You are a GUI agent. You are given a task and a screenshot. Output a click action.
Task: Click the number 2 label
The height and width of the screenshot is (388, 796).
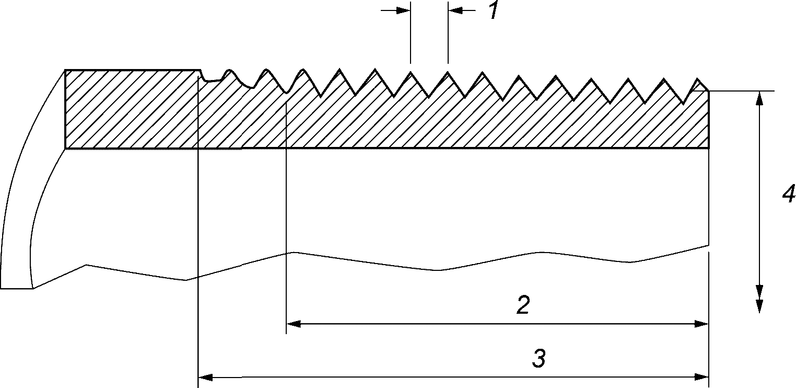point(523,305)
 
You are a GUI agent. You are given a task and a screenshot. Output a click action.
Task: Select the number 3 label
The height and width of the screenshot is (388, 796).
point(539,359)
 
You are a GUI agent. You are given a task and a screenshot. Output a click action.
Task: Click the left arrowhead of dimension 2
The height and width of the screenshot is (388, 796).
point(293,324)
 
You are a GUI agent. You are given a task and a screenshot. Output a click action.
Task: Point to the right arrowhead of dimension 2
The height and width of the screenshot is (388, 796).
point(702,324)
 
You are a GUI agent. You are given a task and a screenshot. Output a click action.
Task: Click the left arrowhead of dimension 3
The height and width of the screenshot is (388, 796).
point(205,376)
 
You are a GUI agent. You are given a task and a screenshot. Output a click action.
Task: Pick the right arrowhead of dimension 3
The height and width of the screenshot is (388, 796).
point(702,376)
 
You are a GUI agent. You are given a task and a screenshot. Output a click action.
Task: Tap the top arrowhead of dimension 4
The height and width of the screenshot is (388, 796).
point(760,98)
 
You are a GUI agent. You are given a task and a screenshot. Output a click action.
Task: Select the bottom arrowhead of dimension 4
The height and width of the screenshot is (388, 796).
point(760,306)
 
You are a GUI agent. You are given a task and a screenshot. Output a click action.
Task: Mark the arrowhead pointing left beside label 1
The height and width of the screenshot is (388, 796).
point(455,10)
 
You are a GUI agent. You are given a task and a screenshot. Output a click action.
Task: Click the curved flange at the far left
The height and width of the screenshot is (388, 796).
point(26,209)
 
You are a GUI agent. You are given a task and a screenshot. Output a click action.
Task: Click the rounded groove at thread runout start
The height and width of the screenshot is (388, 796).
point(213,80)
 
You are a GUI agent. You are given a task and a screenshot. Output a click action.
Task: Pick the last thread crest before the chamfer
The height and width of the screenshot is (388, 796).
point(665,79)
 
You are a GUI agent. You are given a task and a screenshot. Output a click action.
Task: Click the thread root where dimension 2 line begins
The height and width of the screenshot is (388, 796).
point(287,93)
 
